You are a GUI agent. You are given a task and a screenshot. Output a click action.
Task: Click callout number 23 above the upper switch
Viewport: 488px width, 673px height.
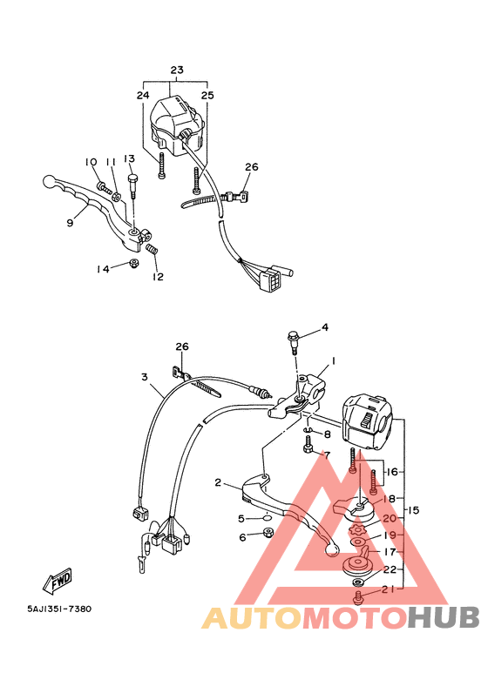click(x=177, y=70)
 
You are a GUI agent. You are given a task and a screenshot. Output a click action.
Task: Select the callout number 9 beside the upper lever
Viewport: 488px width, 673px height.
click(x=70, y=224)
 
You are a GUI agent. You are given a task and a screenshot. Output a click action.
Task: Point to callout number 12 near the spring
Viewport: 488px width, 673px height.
click(x=158, y=277)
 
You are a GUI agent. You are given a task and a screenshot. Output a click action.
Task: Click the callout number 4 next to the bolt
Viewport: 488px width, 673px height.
click(x=324, y=327)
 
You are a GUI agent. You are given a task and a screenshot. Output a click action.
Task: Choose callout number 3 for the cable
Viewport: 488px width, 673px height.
click(x=145, y=377)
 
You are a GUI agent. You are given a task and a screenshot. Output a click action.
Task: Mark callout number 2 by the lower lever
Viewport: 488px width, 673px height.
click(x=219, y=481)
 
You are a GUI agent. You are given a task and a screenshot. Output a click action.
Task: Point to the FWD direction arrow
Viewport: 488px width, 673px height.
click(x=57, y=578)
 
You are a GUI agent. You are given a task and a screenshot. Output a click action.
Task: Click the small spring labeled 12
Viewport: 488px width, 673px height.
click(x=152, y=252)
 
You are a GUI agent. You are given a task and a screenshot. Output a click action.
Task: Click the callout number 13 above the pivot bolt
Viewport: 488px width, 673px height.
click(x=129, y=158)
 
